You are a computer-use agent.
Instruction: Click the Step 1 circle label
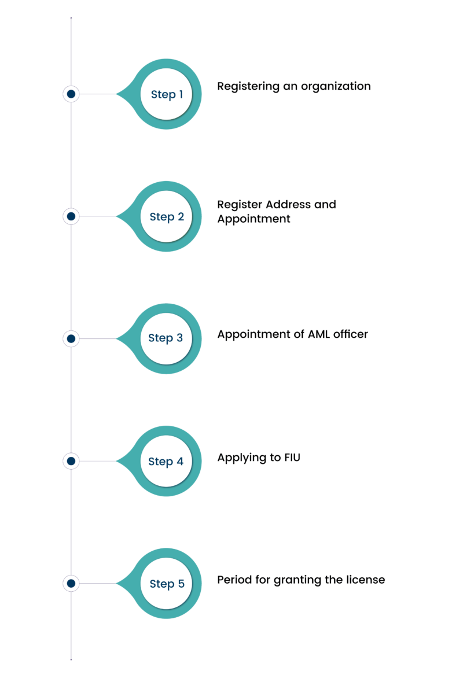(x=167, y=94)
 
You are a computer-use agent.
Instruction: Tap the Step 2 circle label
(x=167, y=216)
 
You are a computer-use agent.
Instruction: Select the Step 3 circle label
(x=166, y=338)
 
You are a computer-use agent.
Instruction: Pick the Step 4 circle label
(x=166, y=462)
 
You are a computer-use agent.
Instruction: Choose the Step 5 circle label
(x=167, y=584)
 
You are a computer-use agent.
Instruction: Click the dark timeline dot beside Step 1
(x=71, y=94)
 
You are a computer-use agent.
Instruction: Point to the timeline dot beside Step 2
(x=71, y=216)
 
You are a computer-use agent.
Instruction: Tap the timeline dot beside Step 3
(x=71, y=338)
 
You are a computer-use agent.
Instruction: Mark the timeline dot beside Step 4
(x=71, y=461)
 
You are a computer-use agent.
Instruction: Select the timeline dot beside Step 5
(x=71, y=583)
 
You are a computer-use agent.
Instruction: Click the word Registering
(x=248, y=87)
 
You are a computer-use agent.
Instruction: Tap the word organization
(x=336, y=87)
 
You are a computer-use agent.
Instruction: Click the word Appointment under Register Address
(x=253, y=219)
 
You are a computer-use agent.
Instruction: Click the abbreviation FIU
(x=292, y=458)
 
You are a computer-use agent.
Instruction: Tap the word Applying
(x=242, y=458)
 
